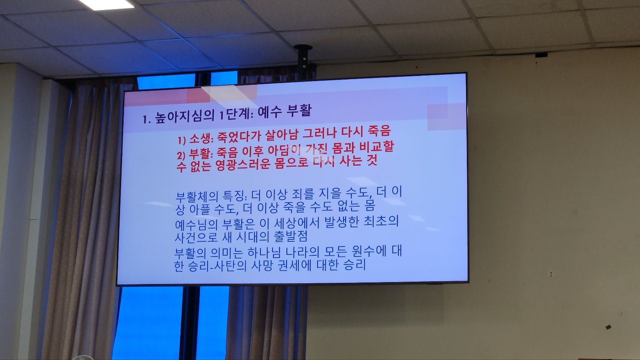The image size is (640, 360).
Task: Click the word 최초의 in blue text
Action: tap(381, 221)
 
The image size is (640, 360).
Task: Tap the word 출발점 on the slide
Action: tap(290, 236)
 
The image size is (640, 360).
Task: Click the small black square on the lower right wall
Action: tap(608, 327)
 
